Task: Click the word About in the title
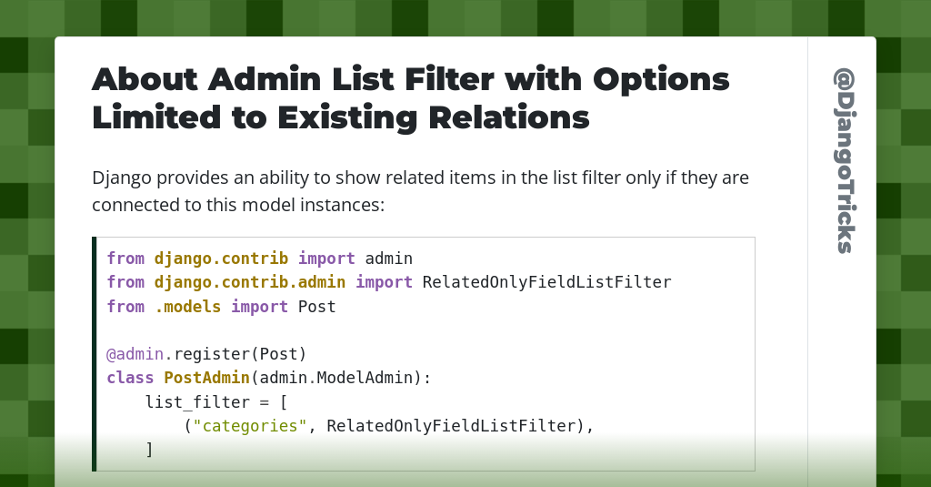[145, 79]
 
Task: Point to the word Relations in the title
[509, 117]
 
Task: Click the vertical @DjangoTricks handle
[845, 160]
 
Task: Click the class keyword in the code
[130, 378]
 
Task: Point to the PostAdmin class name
[206, 378]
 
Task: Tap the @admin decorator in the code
[135, 354]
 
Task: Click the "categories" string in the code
[250, 426]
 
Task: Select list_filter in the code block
[197, 402]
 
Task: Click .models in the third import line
[187, 307]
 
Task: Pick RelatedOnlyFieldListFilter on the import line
[546, 282]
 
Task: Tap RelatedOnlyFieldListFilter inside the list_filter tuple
[451, 426]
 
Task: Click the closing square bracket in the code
[149, 450]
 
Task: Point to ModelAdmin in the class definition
[365, 378]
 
